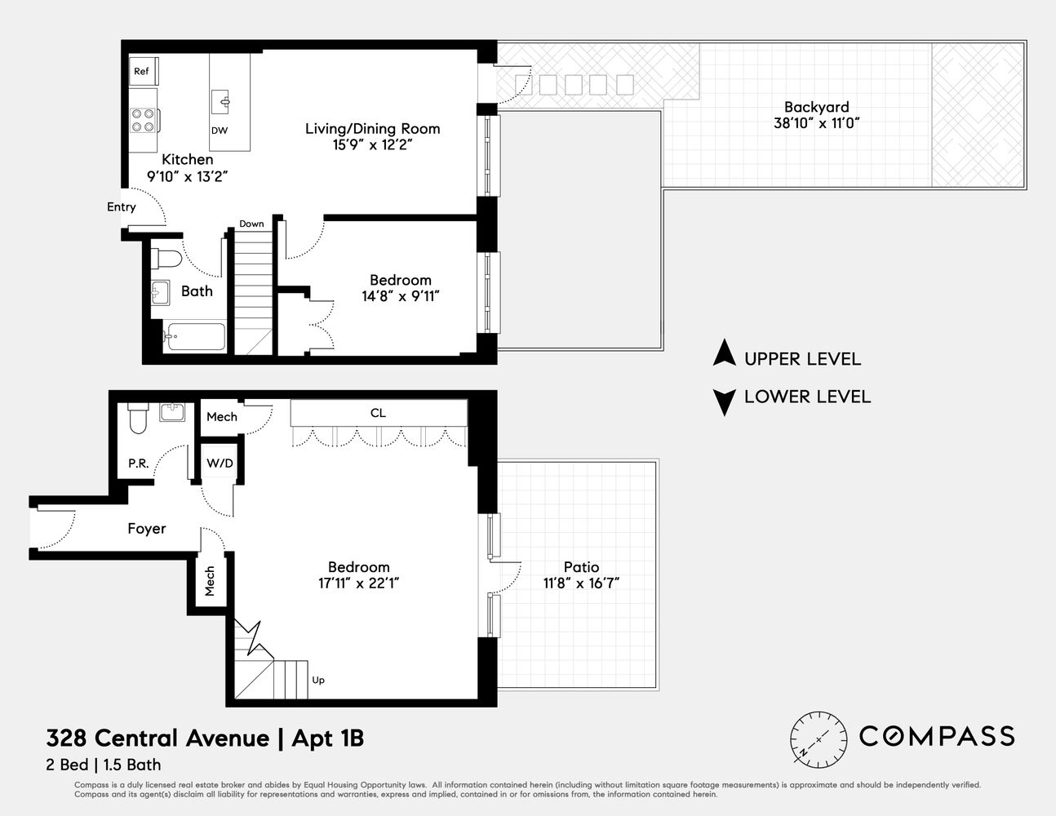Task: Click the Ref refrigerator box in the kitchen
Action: (x=142, y=72)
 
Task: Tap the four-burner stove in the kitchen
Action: (x=144, y=121)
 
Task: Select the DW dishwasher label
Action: (x=219, y=131)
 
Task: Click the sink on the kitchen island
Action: (x=223, y=102)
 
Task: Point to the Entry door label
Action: (x=122, y=207)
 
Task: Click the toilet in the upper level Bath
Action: (x=167, y=259)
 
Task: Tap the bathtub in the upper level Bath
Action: (x=195, y=336)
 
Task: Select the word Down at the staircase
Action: (x=251, y=224)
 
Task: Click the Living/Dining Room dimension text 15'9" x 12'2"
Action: (x=372, y=145)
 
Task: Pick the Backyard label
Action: (x=816, y=107)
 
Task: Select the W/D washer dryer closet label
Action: (x=220, y=463)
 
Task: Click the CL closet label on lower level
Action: (x=378, y=413)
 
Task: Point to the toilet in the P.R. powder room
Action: (x=137, y=420)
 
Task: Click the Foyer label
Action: (x=147, y=529)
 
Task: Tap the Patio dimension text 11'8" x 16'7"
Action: (x=581, y=583)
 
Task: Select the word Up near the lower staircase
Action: (x=318, y=680)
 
